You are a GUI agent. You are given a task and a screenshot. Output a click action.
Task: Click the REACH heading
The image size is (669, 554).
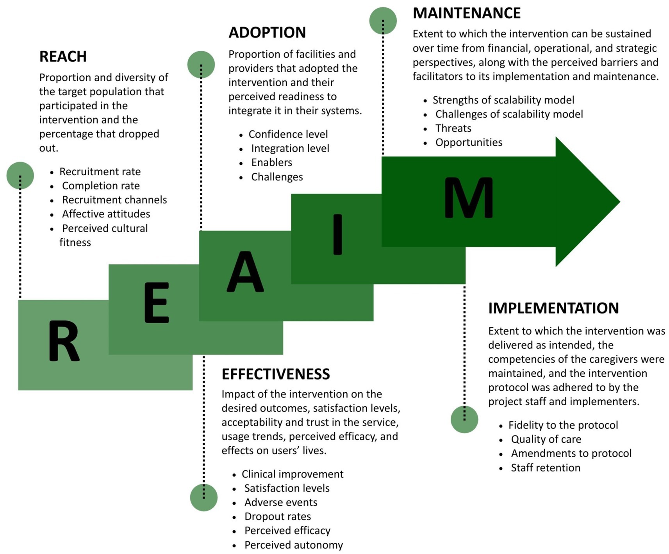coord(63,57)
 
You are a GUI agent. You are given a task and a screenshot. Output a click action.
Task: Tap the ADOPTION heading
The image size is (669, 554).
coord(267,32)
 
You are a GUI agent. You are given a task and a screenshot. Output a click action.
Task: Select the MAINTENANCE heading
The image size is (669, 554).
coord(466,13)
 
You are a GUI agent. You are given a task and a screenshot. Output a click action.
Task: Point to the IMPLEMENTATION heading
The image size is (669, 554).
coord(553,308)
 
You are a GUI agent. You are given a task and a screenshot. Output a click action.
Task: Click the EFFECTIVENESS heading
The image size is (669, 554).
coord(276,374)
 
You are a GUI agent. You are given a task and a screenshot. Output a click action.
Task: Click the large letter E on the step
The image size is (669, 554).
coord(157,303)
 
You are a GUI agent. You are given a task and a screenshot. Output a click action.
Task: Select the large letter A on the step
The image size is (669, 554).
coord(245,272)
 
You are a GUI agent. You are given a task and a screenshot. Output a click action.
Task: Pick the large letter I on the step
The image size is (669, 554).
coord(337,235)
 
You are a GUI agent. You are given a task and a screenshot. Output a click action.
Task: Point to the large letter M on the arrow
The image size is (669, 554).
coord(469,198)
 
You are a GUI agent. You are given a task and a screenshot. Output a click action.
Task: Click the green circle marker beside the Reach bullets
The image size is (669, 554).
coord(20,176)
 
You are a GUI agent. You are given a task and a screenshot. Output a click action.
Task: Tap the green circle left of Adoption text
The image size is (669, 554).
coord(201,64)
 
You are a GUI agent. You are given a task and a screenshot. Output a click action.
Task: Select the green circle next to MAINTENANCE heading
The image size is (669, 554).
coord(383,20)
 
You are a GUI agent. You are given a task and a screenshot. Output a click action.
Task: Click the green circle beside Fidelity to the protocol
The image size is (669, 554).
coord(464,419)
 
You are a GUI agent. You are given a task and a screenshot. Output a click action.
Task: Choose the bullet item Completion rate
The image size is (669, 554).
coord(101,186)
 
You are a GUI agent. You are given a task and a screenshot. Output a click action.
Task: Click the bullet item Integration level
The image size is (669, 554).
coord(290,148)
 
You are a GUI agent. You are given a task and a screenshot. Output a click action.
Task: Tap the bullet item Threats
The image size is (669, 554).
coord(453,128)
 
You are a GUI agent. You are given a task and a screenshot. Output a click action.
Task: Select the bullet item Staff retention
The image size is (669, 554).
coord(546,468)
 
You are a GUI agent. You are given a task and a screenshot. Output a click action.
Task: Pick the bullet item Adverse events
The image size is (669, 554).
coord(281,502)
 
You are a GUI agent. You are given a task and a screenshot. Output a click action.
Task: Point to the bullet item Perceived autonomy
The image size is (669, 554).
coord(294,545)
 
